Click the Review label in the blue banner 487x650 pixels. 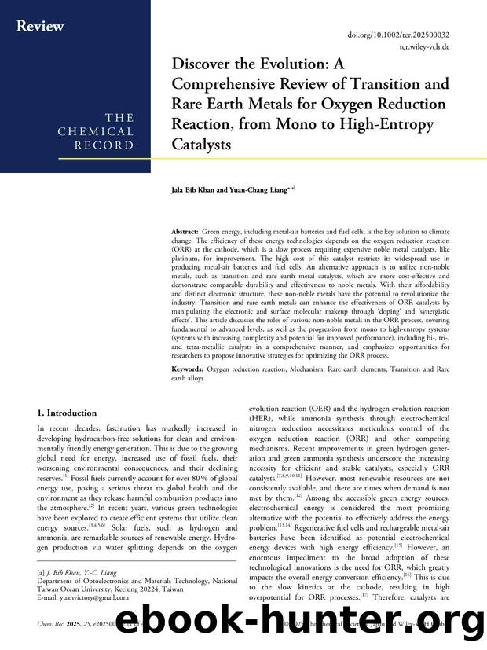[x=40, y=26]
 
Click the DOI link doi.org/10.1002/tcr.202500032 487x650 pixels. [x=398, y=35]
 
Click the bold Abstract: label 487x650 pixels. [x=185, y=233]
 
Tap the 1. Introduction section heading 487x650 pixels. [x=68, y=413]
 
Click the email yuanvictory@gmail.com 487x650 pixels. [x=90, y=597]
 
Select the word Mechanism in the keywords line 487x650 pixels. [x=308, y=369]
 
